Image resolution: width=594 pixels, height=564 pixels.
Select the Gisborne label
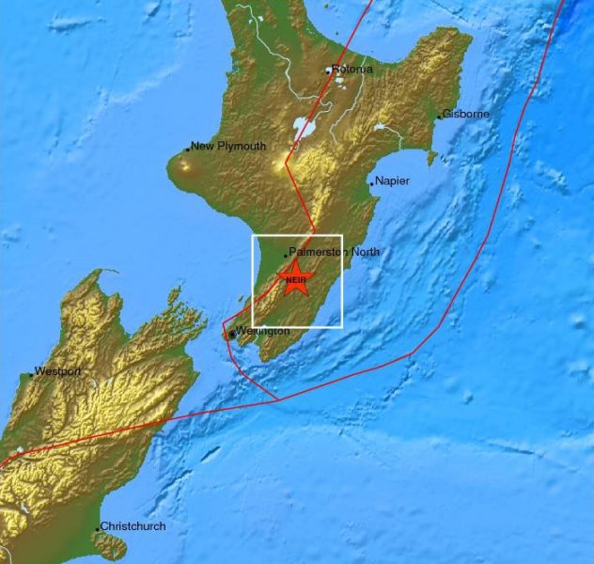point(464,115)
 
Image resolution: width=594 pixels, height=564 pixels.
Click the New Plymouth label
point(228,146)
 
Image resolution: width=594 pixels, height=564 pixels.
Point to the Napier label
point(392,181)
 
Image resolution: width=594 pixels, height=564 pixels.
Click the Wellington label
point(262,332)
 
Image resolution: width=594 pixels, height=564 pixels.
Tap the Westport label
point(57,371)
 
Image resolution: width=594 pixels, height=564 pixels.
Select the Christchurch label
point(133,526)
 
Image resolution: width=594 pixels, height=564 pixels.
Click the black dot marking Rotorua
point(328,70)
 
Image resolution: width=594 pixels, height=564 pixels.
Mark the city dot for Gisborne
point(438,117)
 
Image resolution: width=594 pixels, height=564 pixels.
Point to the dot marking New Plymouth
point(188,148)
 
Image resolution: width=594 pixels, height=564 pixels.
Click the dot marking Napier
point(371,183)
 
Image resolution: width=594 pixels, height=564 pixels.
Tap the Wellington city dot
point(231,334)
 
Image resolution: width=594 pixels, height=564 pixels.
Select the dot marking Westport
point(31,374)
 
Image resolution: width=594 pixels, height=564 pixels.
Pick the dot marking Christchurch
point(98,528)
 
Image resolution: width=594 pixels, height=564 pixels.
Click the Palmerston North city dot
point(287,255)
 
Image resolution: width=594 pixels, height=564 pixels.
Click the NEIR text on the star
point(295,280)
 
